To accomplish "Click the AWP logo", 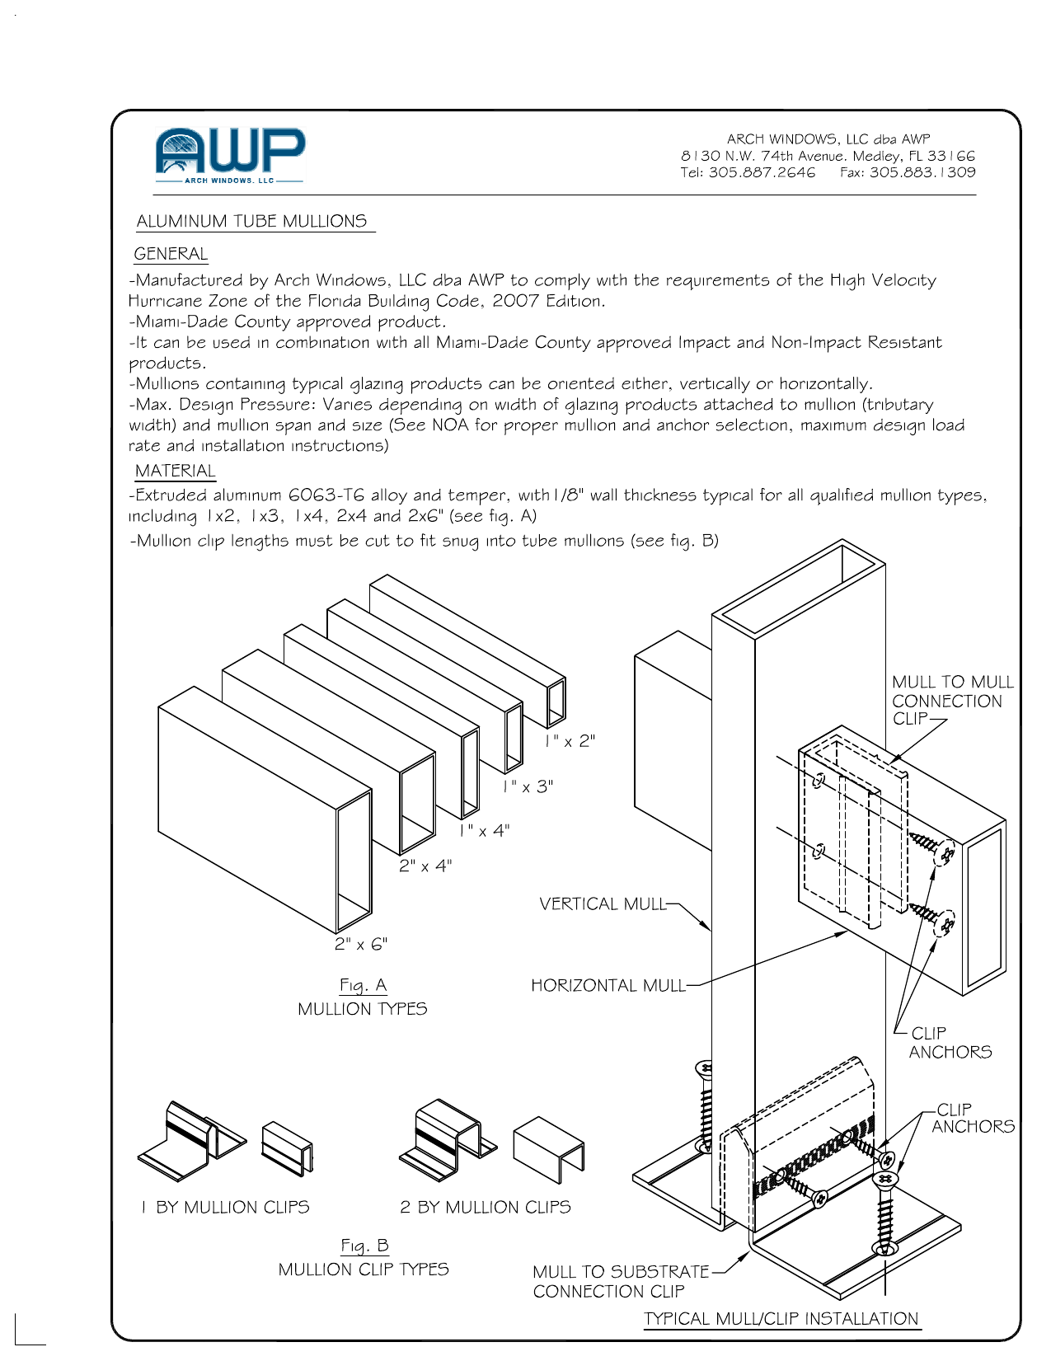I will click(x=230, y=155).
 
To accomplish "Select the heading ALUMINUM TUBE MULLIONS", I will click(x=251, y=221).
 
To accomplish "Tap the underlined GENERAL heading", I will click(x=171, y=254).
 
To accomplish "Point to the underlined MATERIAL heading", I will click(x=175, y=471).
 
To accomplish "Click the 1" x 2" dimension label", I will click(x=570, y=741).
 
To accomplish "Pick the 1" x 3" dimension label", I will click(x=528, y=786).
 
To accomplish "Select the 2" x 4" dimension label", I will click(x=425, y=866).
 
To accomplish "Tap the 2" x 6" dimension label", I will click(x=361, y=944).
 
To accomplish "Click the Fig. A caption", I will click(x=363, y=985).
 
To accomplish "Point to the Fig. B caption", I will click(x=364, y=1246).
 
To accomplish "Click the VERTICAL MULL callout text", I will click(x=602, y=904).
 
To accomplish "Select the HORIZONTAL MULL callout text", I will click(x=608, y=986).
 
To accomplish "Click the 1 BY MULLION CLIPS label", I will click(x=225, y=1207).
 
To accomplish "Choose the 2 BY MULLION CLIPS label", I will click(x=486, y=1207).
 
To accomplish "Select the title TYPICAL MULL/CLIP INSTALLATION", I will click(x=781, y=1319).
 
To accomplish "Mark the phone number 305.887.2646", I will click(x=761, y=172).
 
